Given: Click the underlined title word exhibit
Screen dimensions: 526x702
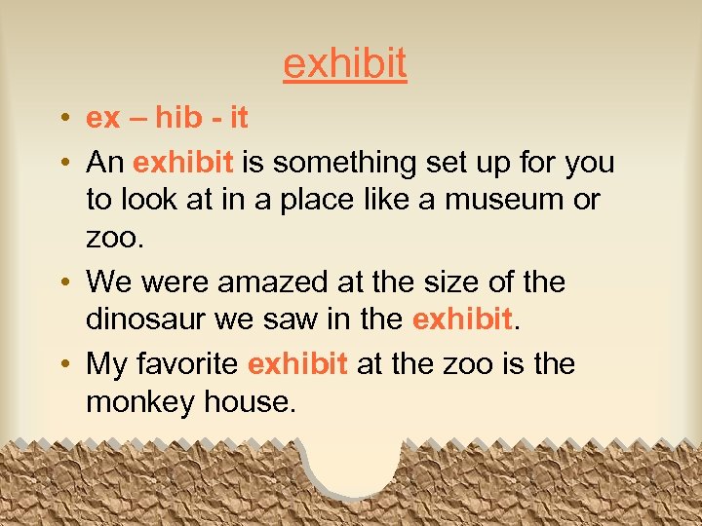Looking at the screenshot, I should click(x=344, y=63).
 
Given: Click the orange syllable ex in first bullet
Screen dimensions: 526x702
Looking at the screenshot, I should click(x=102, y=119).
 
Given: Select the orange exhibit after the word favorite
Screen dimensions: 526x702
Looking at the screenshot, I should click(x=297, y=363).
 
